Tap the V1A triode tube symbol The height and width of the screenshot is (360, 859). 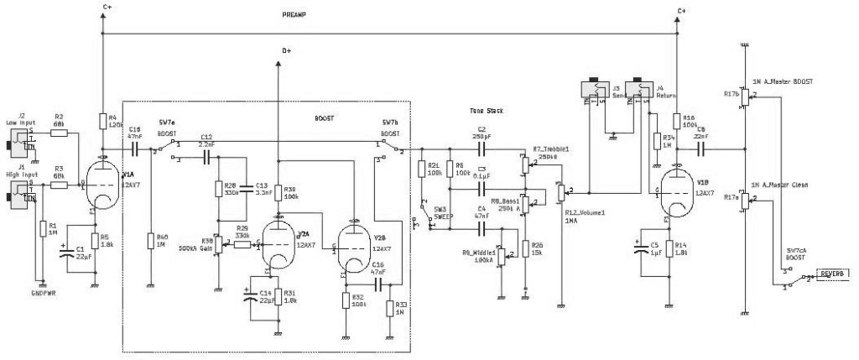pos(102,183)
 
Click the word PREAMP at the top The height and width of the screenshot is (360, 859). pos(294,16)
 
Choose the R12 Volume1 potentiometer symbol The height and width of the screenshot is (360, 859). pos(560,193)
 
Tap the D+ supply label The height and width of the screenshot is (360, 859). pos(287,50)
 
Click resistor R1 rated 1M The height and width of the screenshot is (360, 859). pos(41,228)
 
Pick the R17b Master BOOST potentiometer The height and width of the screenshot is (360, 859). pos(745,96)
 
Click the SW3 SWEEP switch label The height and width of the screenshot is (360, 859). pos(440,211)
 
